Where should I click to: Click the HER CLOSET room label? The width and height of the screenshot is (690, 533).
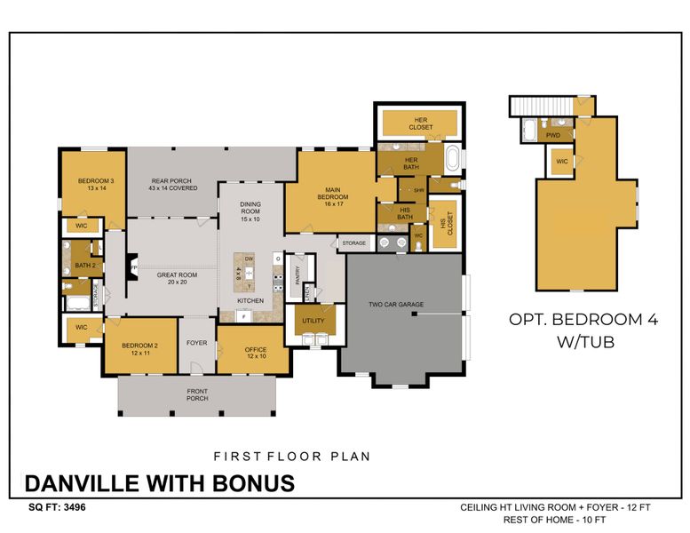[421, 123]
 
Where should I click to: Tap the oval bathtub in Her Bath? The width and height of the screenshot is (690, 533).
[454, 160]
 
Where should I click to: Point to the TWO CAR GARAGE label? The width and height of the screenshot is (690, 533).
[396, 305]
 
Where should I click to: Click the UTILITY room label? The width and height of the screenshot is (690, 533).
[313, 320]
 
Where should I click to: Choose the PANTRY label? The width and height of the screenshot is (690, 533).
[298, 274]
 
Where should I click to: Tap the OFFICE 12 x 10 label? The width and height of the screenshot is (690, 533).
[256, 353]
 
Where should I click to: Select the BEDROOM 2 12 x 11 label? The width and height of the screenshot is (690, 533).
[139, 349]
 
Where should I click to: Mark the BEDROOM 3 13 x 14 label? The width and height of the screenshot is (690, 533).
[91, 184]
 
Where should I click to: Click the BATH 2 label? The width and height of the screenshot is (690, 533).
[85, 265]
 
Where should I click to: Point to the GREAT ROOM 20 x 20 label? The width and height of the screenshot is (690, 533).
[177, 279]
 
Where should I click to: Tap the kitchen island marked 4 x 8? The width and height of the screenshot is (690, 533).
[239, 273]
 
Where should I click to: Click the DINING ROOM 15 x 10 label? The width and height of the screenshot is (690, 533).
[250, 211]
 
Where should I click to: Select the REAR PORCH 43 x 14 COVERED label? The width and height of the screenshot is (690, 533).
[173, 184]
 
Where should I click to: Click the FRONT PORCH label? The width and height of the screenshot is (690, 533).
[197, 394]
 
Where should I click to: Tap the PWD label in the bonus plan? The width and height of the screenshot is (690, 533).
[552, 135]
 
